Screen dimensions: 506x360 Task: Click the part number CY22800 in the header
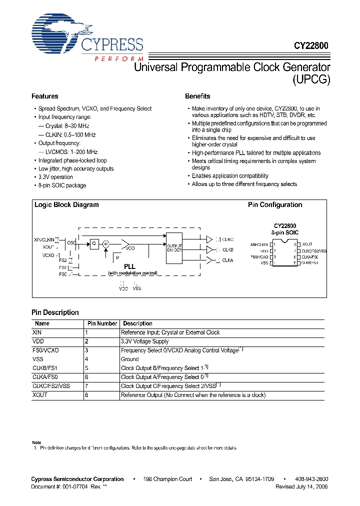pyautogui.click(x=310, y=45)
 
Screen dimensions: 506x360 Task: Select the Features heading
pyautogui.click(x=45, y=96)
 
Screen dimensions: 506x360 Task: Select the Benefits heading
pyautogui.click(x=197, y=96)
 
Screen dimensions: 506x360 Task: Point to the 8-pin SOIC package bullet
pyautogui.click(x=62, y=185)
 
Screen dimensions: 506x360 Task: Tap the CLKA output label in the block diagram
pyautogui.click(x=227, y=260)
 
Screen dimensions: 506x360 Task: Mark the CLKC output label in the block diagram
pyautogui.click(x=227, y=239)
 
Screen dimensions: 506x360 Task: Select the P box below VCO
pyautogui.click(x=117, y=257)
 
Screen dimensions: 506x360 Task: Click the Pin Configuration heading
pyautogui.click(x=275, y=204)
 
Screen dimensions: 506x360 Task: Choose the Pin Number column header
pyautogui.click(x=102, y=323)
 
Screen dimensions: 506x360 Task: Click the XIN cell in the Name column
pyautogui.click(x=37, y=332)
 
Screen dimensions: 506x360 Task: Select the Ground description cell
pyautogui.click(x=130, y=359)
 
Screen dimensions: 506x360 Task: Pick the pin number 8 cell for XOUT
pyautogui.click(x=86, y=395)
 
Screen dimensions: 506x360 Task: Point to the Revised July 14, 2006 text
pyautogui.click(x=301, y=486)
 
